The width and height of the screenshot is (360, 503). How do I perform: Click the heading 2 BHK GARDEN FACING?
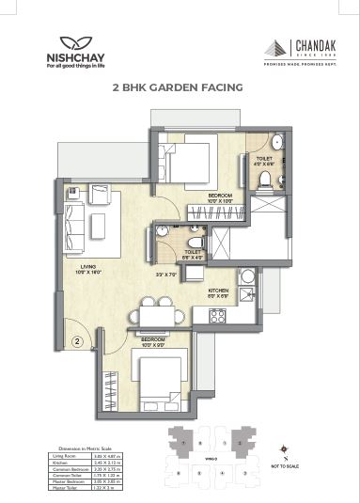[x=178, y=86]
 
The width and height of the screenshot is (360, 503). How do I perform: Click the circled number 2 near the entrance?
[x=78, y=328]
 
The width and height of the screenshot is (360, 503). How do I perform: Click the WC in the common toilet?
[x=164, y=230]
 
